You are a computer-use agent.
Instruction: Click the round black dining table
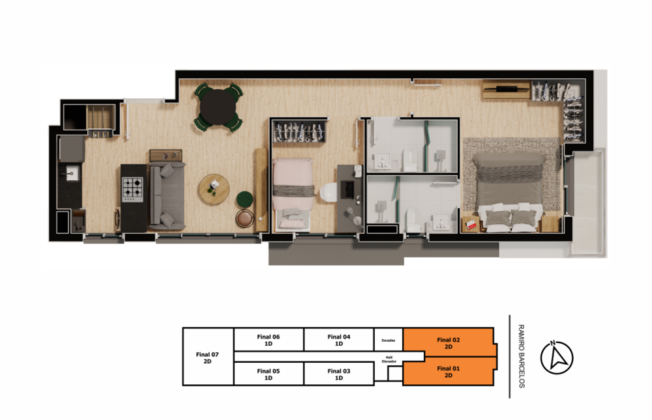tap(218, 106)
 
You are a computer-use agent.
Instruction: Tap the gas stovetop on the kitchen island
tap(134, 189)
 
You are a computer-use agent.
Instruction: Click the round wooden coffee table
tap(214, 189)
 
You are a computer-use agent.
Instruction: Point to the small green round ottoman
tap(245, 199)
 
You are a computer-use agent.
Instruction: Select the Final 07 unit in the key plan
tap(207, 357)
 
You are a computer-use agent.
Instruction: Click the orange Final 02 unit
tap(448, 343)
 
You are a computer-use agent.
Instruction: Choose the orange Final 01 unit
tap(448, 372)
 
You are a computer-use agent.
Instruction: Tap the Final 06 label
tap(268, 340)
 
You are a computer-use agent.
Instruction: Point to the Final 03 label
tap(338, 374)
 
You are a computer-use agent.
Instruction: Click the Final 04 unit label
tap(338, 340)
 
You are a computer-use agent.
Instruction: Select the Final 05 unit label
tap(268, 374)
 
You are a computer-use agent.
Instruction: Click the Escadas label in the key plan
tap(388, 340)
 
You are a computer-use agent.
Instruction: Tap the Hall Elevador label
tap(389, 359)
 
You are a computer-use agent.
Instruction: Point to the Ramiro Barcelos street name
tap(521, 356)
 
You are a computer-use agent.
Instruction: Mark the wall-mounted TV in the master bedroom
tap(506, 87)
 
